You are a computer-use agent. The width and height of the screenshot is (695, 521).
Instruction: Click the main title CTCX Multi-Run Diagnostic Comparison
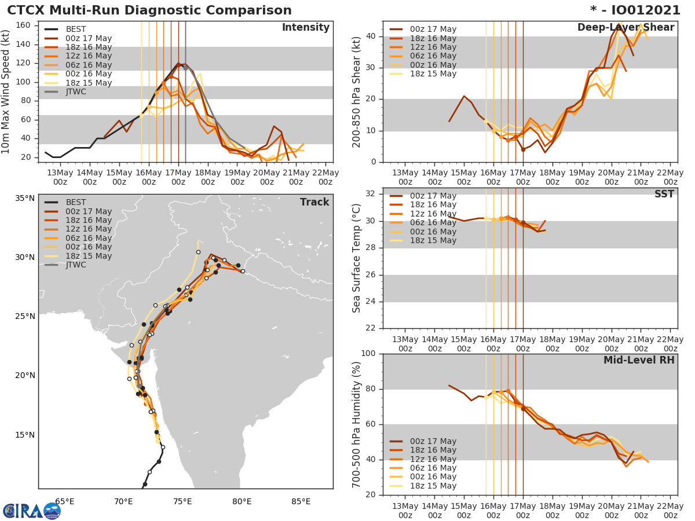point(149,10)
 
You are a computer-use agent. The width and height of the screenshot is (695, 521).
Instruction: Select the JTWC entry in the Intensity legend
point(76,91)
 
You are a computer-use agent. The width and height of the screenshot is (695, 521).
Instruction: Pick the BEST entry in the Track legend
point(76,202)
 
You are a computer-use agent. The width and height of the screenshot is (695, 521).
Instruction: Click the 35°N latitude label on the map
point(25,198)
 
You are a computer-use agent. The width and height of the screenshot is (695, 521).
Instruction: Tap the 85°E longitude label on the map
point(301,501)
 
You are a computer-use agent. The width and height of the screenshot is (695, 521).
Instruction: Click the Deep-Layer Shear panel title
point(625,28)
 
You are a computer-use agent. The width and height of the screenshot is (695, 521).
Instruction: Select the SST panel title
point(664,194)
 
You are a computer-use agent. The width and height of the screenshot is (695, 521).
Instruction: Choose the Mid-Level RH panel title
point(638,360)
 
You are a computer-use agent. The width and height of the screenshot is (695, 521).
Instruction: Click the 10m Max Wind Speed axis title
point(6,91)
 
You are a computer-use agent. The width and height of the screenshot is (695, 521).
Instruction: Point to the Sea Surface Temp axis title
point(357,258)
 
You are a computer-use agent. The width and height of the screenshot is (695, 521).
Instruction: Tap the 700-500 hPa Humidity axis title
point(357,424)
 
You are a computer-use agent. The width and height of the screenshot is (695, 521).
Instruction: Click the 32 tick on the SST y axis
point(371,194)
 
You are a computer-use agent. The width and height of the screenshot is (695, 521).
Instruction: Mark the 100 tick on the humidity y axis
point(368,354)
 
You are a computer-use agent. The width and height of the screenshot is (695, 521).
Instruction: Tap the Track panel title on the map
point(314,202)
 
